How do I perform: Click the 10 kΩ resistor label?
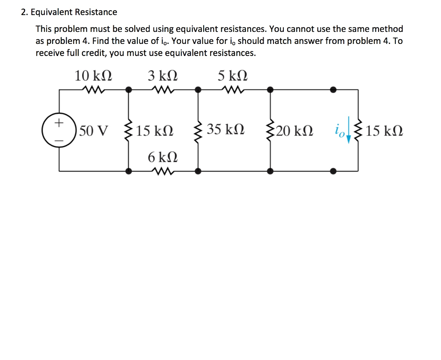click(93, 76)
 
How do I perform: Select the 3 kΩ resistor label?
click(163, 76)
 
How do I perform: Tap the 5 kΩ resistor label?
click(233, 76)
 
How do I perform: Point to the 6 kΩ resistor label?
click(163, 157)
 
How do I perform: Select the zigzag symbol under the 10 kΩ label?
click(93, 90)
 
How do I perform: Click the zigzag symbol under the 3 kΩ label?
click(163, 90)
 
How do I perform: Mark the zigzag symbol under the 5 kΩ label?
click(233, 90)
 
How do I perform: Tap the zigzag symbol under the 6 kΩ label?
click(163, 171)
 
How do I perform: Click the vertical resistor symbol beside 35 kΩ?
click(198, 130)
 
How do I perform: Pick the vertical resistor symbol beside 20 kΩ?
click(270, 130)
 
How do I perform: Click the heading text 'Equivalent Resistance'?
click(74, 12)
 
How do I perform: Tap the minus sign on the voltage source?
click(58, 140)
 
